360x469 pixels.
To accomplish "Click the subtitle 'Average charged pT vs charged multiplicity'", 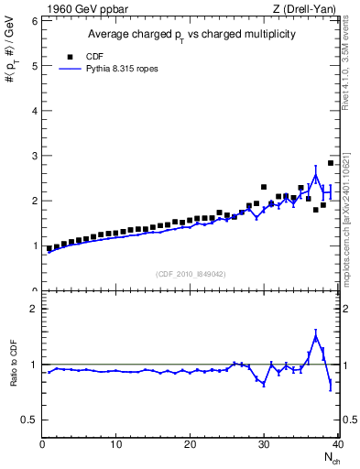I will coord(191,35).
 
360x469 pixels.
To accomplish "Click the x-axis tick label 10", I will coord(116,445).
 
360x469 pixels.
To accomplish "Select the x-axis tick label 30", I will coord(264,445).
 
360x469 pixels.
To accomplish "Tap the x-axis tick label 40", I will coord(337,445).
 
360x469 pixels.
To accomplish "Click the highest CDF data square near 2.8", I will coord(331,163).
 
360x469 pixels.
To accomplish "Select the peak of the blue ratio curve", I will coord(315,336).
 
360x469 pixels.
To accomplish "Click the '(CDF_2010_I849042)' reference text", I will coord(191,273).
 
